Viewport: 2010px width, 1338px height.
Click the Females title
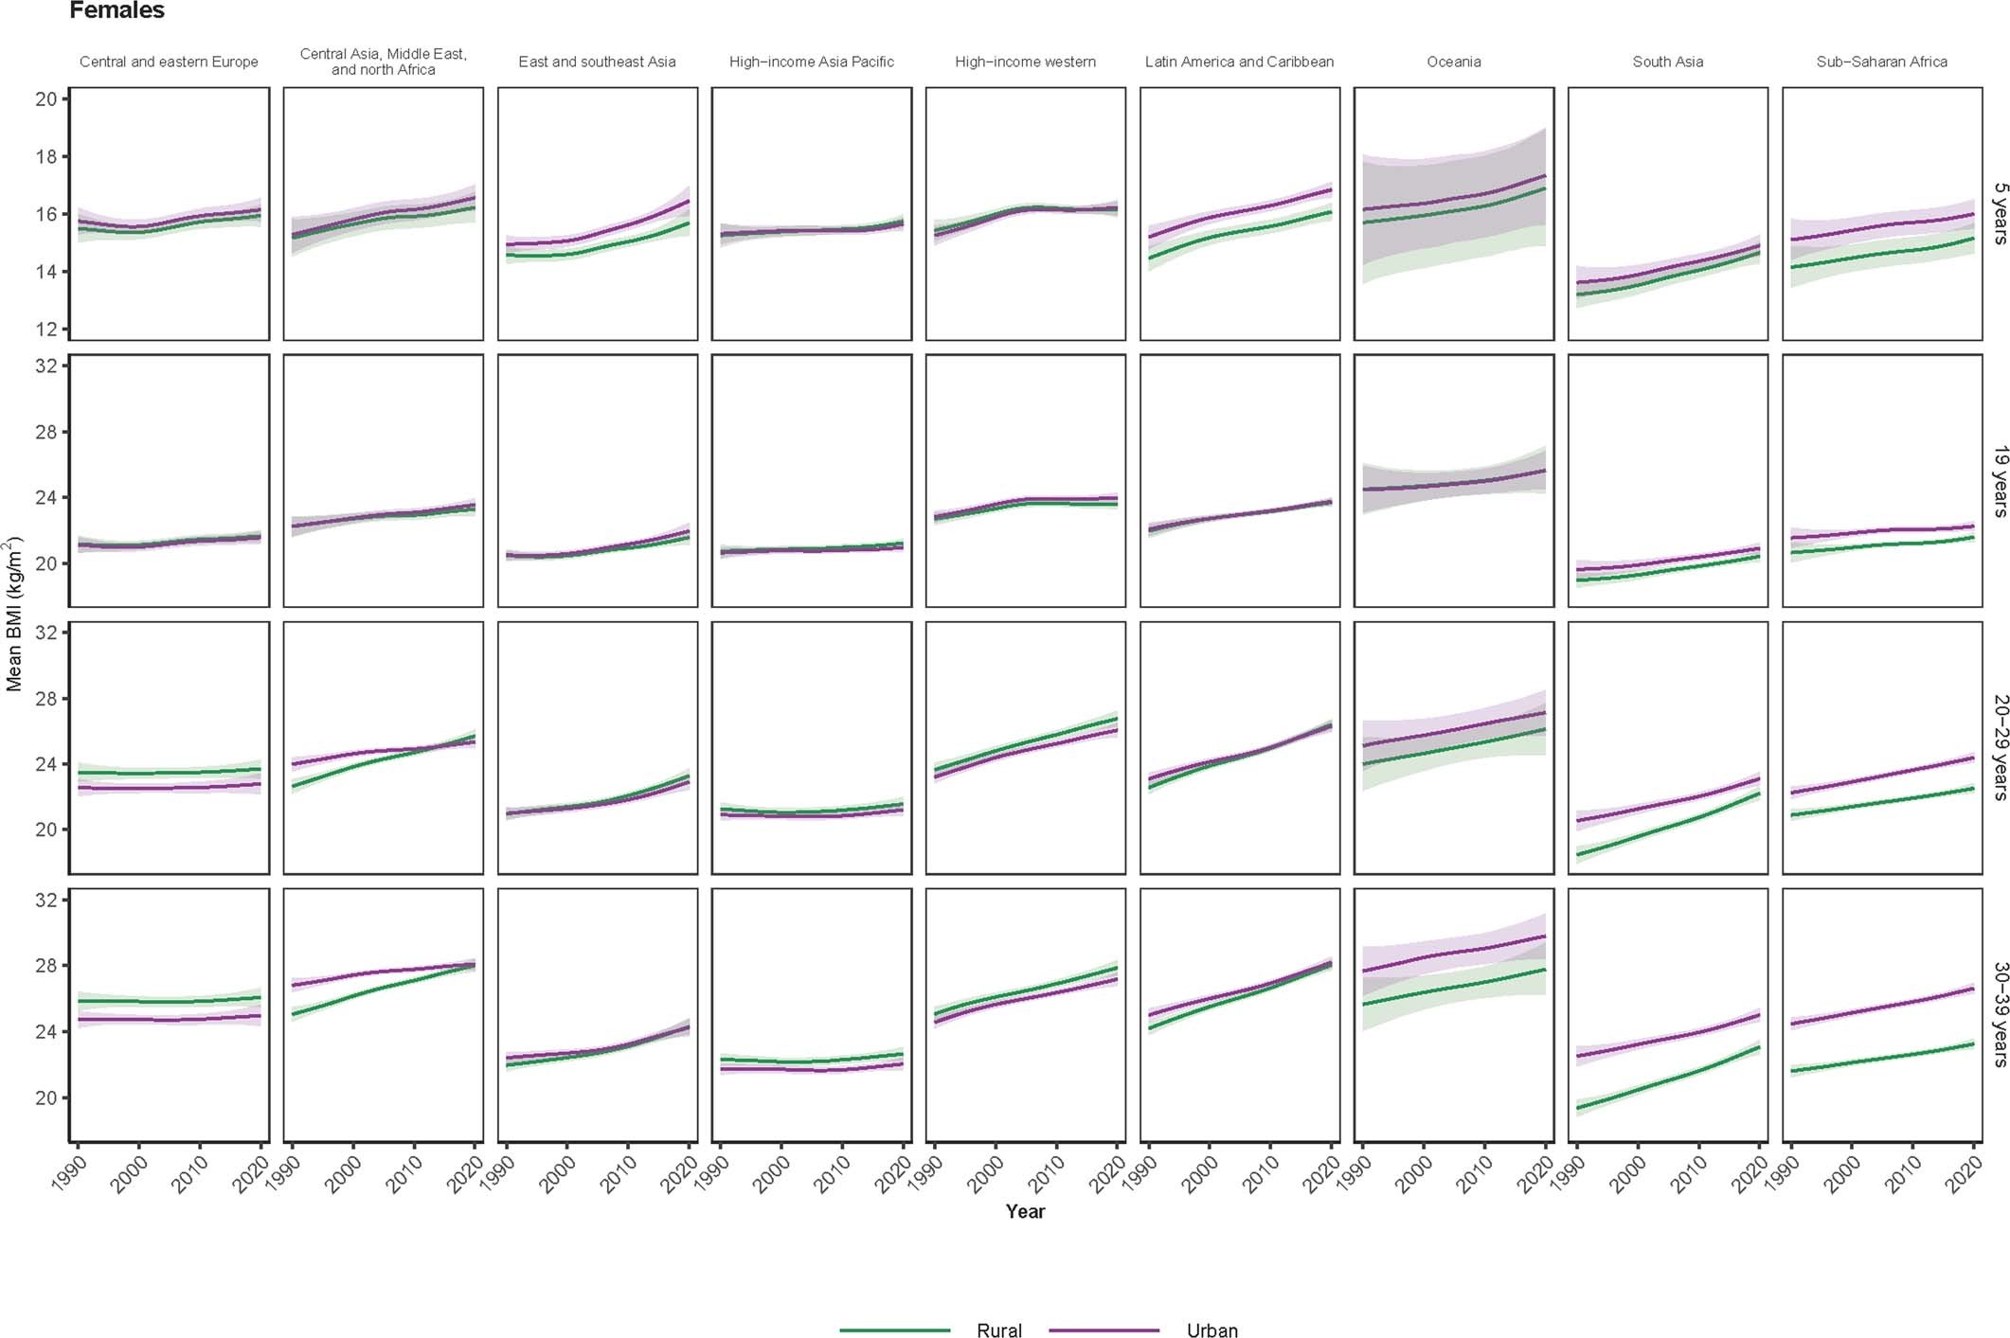pos(117,10)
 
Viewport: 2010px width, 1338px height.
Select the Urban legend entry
pos(1211,1329)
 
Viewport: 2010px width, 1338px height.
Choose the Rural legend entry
pos(998,1329)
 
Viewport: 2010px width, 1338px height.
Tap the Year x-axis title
pos(1025,1211)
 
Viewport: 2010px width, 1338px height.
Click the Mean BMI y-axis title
pos(14,614)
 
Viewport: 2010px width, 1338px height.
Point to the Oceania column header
pos(1453,62)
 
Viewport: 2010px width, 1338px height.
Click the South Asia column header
pos(1667,62)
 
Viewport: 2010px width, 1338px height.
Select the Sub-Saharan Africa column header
pos(1881,62)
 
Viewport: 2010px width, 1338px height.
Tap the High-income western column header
pos(1025,62)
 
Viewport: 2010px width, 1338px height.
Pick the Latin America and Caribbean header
pos(1239,62)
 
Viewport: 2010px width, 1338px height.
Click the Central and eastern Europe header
pos(169,62)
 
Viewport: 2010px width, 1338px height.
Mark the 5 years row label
pos(1999,213)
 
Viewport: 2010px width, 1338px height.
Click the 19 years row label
pos(1999,481)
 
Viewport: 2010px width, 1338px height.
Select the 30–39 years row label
pos(1999,1014)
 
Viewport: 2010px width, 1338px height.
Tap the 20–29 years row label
pos(1999,747)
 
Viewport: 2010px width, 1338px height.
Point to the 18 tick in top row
pos(46,156)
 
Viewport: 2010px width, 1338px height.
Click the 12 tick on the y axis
pos(46,330)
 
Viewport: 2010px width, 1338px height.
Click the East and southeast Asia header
pos(597,62)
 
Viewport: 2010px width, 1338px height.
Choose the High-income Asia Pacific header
pos(811,62)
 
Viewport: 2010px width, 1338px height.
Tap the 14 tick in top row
pos(46,272)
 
